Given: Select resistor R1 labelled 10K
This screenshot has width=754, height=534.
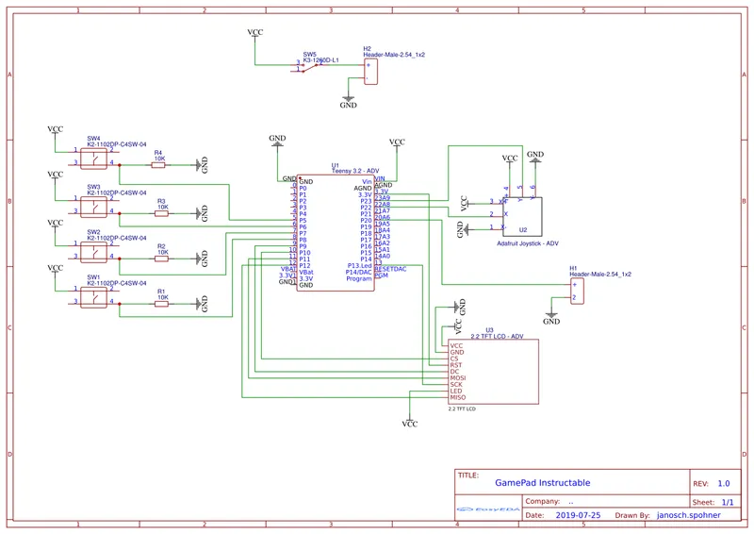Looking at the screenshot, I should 161,304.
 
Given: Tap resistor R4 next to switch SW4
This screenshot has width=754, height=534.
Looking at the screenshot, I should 158,164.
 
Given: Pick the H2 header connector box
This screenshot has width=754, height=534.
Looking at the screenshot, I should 371,72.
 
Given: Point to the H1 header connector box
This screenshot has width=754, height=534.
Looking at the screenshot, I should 577,291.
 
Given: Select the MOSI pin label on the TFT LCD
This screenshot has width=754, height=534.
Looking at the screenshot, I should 458,378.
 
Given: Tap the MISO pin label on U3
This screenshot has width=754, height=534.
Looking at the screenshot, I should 458,398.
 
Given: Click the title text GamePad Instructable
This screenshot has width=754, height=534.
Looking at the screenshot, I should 543,483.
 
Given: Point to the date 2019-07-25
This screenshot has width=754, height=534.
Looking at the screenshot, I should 579,516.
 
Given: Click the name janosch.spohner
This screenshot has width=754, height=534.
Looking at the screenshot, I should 691,516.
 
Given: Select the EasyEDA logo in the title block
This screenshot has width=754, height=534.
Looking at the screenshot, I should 486,509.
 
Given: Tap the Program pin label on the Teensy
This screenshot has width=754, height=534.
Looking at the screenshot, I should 359,278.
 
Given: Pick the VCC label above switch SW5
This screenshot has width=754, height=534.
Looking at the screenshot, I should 255,33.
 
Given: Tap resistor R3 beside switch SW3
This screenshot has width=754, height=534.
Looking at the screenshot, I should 161,213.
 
